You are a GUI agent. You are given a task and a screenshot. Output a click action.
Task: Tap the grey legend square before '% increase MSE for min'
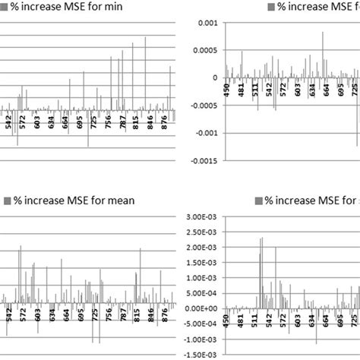[5, 8]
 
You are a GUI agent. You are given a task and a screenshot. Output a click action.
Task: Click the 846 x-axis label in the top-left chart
[150, 123]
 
